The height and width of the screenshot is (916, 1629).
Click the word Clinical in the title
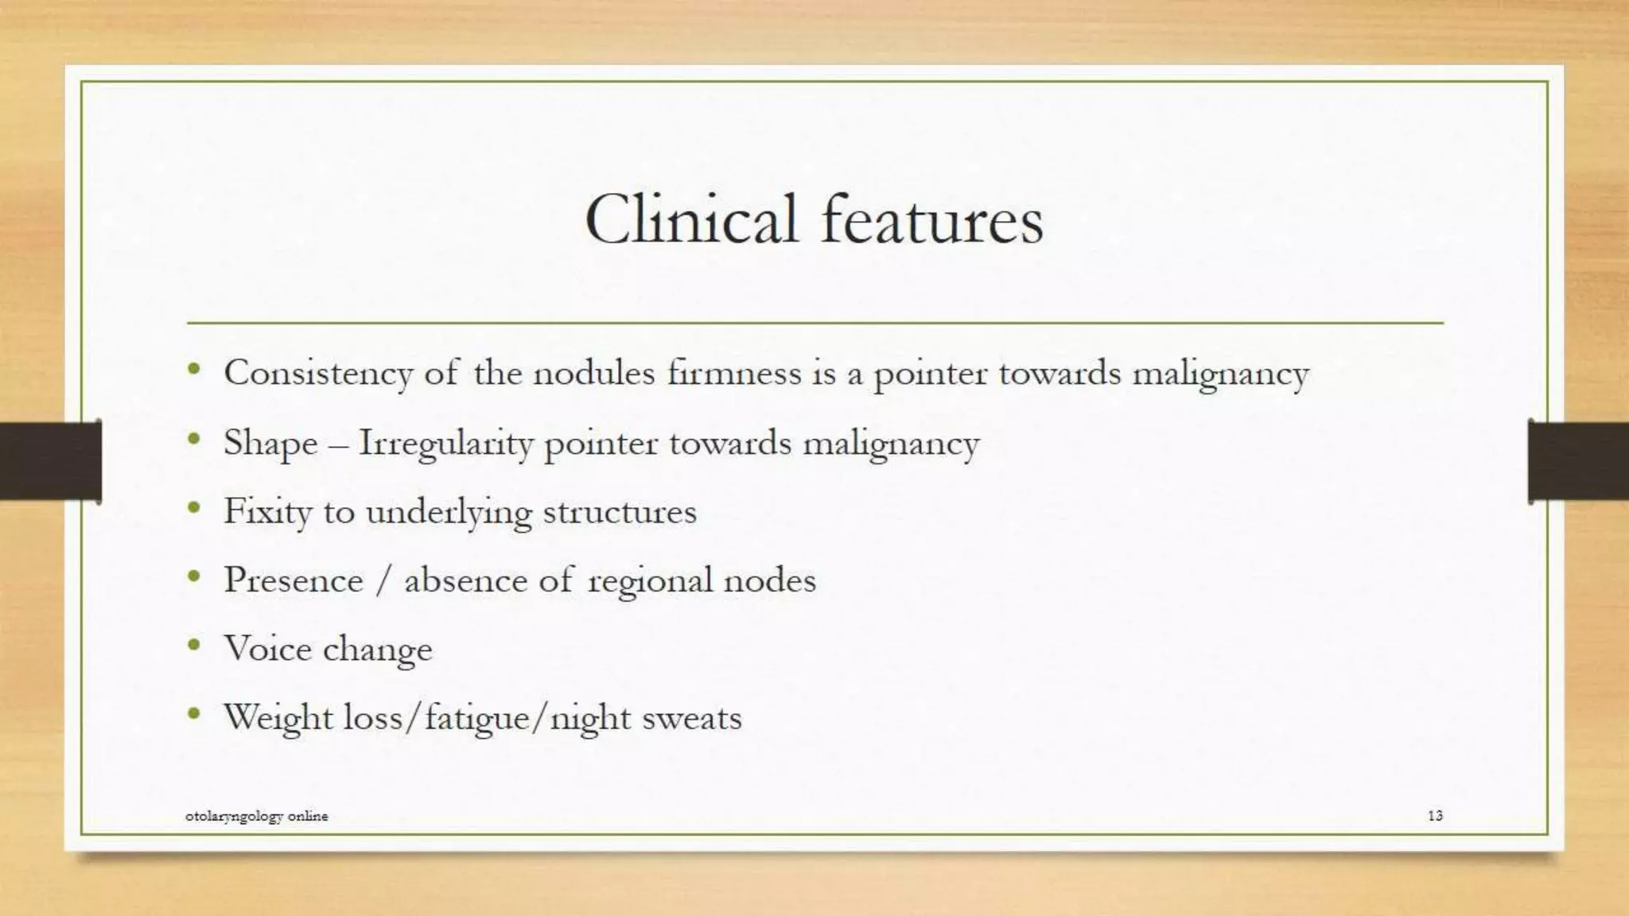point(690,219)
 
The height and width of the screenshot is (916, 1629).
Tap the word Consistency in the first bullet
point(318,373)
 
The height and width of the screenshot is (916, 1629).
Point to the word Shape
point(270,443)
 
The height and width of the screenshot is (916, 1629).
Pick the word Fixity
point(267,511)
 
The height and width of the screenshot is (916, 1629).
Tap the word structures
point(620,511)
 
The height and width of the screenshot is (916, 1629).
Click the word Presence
point(294,580)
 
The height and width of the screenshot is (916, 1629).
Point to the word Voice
point(267,649)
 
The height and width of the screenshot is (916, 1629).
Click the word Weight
point(278,718)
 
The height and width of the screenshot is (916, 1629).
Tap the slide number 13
point(1435,816)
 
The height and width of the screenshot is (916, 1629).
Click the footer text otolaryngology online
point(256,816)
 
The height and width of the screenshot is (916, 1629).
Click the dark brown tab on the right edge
point(1578,461)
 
